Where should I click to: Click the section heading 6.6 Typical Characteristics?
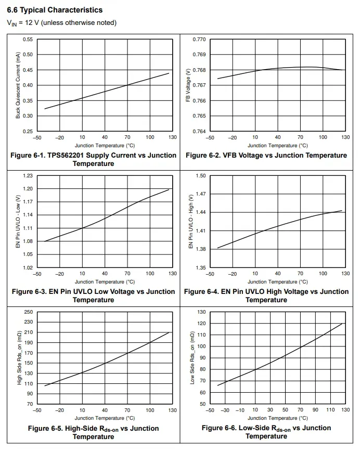(x=55, y=10)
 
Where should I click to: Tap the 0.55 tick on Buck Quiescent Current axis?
(x=28, y=40)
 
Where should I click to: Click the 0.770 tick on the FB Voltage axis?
(x=199, y=40)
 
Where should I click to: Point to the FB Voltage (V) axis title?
(x=188, y=85)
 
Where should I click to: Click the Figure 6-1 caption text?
(x=93, y=159)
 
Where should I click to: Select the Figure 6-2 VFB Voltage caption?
(x=266, y=155)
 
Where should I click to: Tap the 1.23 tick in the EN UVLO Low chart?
(x=28, y=176)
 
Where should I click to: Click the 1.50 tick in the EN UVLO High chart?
(x=201, y=176)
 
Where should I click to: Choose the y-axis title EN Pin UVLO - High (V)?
(x=191, y=221)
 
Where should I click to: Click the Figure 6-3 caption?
(x=93, y=295)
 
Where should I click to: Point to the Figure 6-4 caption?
(x=266, y=295)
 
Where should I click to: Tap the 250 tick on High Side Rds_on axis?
(x=29, y=312)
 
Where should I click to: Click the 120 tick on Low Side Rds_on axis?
(x=201, y=324)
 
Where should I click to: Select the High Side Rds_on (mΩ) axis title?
(x=19, y=358)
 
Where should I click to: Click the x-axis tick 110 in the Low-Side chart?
(x=330, y=410)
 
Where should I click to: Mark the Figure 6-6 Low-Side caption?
(x=266, y=432)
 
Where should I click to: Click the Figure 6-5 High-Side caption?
(x=93, y=432)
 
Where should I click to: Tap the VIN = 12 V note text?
(x=61, y=22)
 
